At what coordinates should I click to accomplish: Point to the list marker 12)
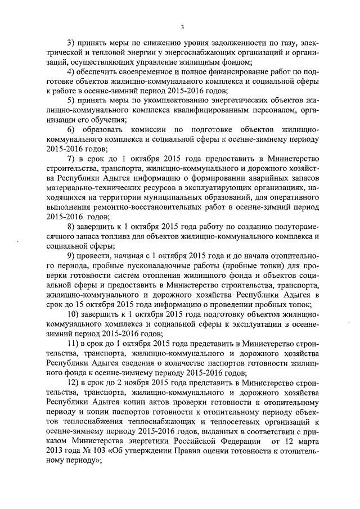[73, 382]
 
